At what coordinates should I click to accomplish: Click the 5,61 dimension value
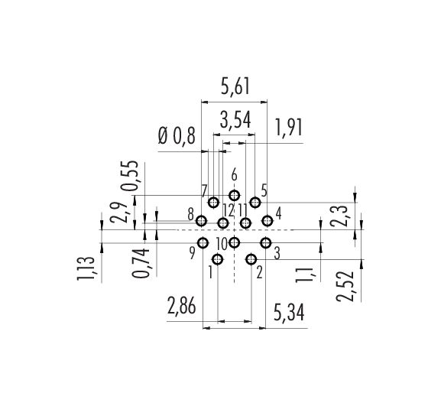(x=235, y=86)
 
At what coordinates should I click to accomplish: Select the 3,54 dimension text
(x=235, y=120)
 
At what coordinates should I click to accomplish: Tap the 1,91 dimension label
(x=289, y=128)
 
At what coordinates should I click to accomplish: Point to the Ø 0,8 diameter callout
(x=177, y=137)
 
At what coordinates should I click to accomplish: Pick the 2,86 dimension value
(x=181, y=306)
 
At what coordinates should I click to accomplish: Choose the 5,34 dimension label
(x=289, y=313)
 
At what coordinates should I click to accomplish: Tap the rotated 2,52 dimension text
(x=345, y=287)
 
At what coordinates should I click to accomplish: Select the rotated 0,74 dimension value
(x=141, y=263)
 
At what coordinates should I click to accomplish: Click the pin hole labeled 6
(x=235, y=195)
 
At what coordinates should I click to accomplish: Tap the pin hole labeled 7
(x=214, y=203)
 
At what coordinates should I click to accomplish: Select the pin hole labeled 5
(x=255, y=202)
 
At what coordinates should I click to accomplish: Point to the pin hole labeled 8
(x=201, y=221)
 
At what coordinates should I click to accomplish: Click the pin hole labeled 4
(x=268, y=221)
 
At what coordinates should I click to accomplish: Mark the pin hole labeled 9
(x=203, y=242)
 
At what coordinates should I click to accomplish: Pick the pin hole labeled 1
(x=218, y=259)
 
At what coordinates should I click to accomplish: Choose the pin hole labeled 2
(x=251, y=259)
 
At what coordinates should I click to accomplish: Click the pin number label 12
(x=228, y=210)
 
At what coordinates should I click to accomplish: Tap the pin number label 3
(x=277, y=254)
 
